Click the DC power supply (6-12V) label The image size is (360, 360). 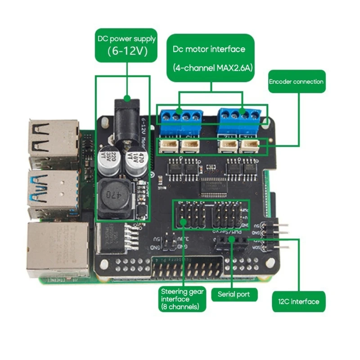(126, 45)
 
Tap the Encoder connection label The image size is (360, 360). (296, 81)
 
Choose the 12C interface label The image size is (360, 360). (298, 301)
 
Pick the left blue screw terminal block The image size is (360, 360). (179, 117)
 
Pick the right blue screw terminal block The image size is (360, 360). (240, 117)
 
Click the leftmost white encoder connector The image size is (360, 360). (165, 145)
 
